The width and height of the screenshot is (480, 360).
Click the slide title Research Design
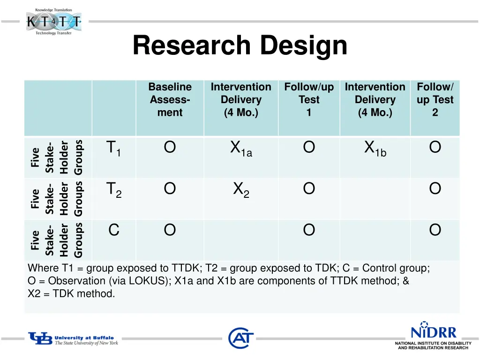(240, 46)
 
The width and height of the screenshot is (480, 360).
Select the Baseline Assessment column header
(170, 99)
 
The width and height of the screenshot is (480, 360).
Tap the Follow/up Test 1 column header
(309, 99)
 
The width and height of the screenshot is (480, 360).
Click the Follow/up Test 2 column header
(435, 99)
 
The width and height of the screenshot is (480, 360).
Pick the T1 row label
(113, 149)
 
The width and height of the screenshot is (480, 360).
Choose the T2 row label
(113, 190)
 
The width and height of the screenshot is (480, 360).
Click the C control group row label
(113, 230)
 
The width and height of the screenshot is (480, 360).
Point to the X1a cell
(241, 149)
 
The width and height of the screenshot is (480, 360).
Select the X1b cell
(375, 149)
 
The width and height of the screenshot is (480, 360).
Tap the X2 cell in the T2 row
(241, 190)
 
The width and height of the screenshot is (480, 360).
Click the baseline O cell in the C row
(170, 230)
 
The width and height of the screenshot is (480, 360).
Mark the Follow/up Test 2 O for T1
(435, 148)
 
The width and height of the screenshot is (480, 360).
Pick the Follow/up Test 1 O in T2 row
(309, 189)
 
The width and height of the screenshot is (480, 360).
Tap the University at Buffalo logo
(73, 339)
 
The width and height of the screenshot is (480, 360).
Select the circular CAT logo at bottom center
(241, 337)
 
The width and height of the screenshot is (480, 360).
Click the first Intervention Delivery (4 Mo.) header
(241, 99)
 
